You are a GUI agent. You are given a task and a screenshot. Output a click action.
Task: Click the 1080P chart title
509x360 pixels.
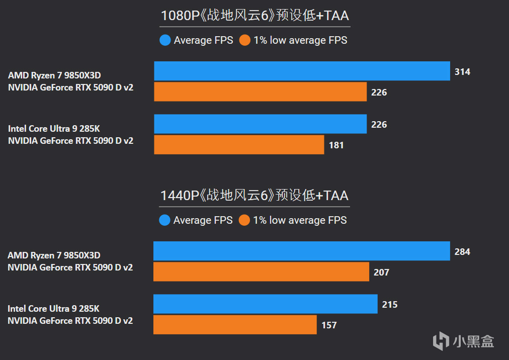(254, 16)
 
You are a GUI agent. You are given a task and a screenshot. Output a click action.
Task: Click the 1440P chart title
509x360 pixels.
(254, 196)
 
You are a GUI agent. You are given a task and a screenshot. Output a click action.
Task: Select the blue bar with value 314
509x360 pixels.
(302, 71)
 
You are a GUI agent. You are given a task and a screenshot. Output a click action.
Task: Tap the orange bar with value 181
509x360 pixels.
(239, 145)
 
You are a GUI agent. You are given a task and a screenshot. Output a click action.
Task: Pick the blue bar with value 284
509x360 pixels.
(302, 251)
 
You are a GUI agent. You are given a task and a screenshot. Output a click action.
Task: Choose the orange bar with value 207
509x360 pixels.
(261, 272)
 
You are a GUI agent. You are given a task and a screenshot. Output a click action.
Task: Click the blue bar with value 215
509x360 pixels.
(265, 304)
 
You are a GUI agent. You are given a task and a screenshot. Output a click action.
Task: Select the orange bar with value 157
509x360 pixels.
(235, 325)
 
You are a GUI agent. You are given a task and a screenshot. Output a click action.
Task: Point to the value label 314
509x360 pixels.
(462, 72)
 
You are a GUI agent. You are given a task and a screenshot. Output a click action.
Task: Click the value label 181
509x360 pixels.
(336, 145)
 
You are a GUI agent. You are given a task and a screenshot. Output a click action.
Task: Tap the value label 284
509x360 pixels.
(462, 251)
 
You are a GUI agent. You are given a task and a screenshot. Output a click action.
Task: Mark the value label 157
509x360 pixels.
(329, 325)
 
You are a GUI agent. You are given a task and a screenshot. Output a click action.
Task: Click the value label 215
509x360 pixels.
(390, 305)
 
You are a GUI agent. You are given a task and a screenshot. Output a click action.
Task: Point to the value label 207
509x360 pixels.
(381, 273)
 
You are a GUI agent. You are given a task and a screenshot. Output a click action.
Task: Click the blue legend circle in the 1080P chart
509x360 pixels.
(165, 40)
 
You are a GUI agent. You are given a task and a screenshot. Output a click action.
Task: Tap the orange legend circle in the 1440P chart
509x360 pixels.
(244, 220)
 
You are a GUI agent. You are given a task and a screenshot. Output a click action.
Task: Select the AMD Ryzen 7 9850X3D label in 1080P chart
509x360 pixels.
(54, 75)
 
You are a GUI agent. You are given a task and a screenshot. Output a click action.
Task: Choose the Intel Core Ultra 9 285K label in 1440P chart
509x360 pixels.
(53, 309)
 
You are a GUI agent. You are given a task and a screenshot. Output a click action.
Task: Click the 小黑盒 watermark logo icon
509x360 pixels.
(441, 340)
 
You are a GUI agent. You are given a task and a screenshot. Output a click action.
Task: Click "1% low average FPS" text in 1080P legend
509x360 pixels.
(300, 40)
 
